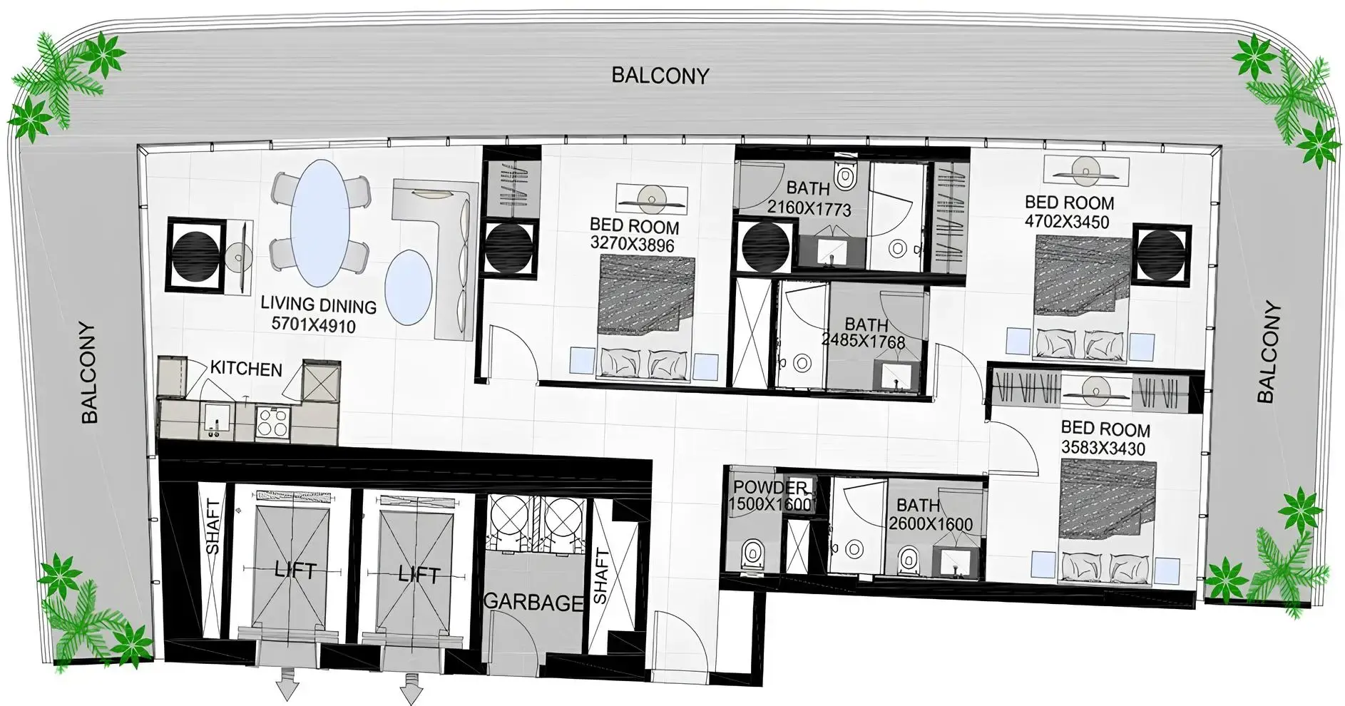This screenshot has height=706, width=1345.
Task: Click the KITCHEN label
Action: click(x=246, y=369)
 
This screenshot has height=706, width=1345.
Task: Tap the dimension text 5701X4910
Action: click(x=314, y=325)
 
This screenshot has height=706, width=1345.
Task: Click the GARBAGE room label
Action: click(x=533, y=603)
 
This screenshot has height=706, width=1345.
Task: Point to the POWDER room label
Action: click(x=770, y=488)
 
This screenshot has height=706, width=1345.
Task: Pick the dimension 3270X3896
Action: click(x=633, y=245)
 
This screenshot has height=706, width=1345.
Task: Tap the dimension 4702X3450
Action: click(x=1067, y=222)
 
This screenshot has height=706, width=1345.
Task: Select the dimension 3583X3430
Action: click(x=1103, y=449)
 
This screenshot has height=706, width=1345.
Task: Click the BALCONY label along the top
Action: click(x=660, y=76)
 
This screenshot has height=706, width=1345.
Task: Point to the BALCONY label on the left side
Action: click(x=89, y=372)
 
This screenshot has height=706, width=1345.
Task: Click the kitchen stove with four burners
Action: click(x=272, y=421)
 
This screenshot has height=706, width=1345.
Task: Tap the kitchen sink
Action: click(x=214, y=419)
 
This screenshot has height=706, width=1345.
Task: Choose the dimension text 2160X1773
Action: click(x=809, y=209)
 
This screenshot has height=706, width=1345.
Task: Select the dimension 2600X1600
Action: click(x=931, y=524)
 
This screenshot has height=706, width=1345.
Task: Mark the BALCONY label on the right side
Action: click(x=1269, y=353)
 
